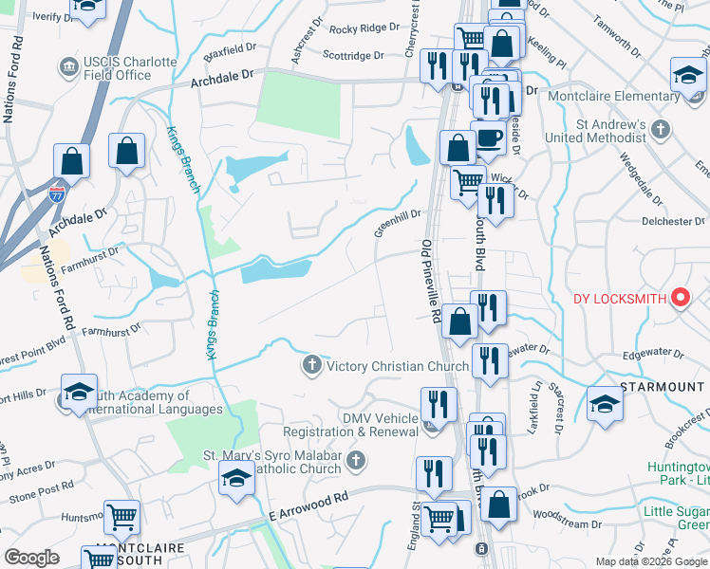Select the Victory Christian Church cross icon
coord(311,365)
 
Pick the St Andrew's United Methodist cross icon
coord(661,129)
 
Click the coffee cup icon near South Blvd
coord(488,138)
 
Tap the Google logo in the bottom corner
coord(31,558)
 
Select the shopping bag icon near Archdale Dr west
coord(126,151)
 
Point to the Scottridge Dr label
coord(353,56)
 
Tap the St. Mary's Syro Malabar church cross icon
coord(357,461)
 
